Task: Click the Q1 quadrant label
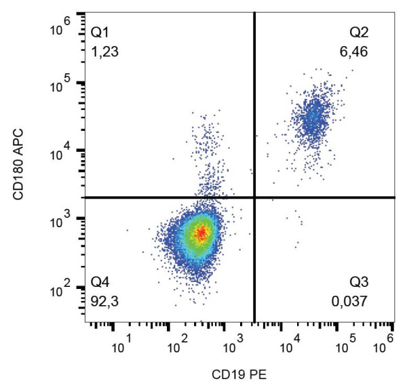pyautogui.click(x=99, y=31)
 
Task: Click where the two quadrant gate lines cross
pyautogui.click(x=254, y=197)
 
